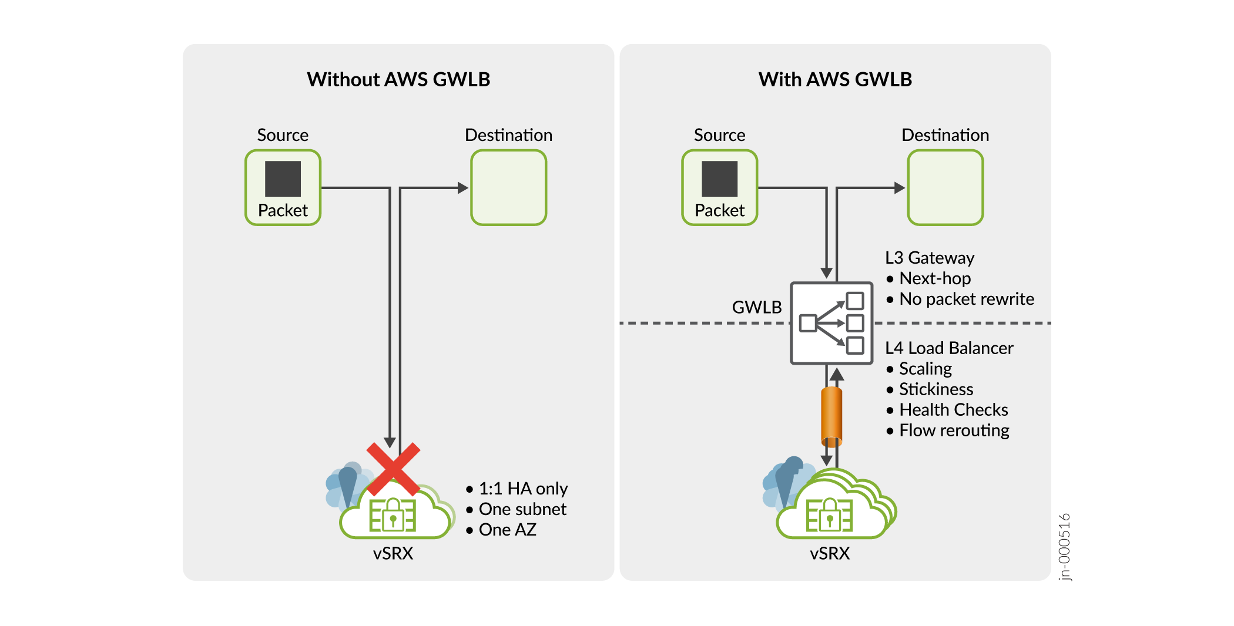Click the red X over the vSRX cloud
393,469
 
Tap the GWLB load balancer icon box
831,323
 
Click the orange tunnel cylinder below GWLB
831,416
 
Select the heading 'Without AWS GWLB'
398,79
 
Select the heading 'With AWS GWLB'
835,79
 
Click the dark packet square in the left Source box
283,179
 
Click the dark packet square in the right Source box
719,179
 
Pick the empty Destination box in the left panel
509,187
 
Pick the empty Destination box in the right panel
945,187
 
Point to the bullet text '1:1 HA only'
523,489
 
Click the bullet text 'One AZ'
507,530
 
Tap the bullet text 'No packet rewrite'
966,299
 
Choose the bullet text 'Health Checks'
953,410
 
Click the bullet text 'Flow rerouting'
954,430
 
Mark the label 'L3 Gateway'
930,258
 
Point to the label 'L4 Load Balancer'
949,348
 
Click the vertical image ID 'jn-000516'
1064,547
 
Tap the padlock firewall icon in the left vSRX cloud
393,516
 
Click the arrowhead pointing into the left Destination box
463,188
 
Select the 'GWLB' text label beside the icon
756,307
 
